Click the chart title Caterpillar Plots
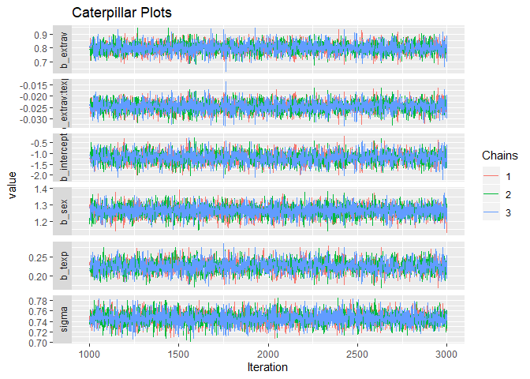click(x=121, y=13)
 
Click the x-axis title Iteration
click(x=268, y=368)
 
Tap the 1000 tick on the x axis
click(x=90, y=355)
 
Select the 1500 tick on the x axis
click(x=179, y=355)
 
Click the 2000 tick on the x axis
click(x=268, y=355)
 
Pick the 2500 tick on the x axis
click(x=357, y=355)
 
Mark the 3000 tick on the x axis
click(x=446, y=355)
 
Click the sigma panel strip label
click(x=62, y=321)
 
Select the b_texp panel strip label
click(x=62, y=265)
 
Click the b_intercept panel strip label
click(x=62, y=156)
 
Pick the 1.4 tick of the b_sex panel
click(x=40, y=189)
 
